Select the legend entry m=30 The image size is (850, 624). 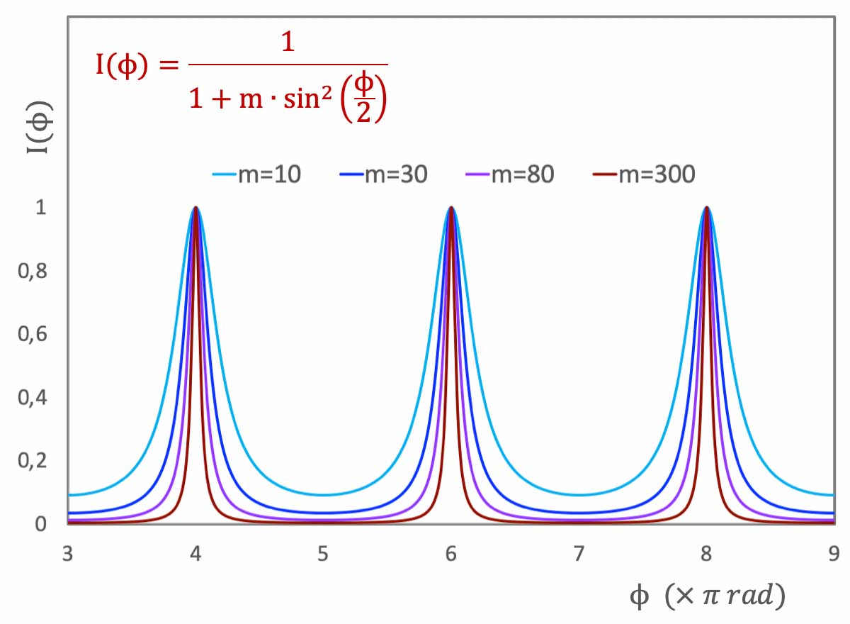(385, 174)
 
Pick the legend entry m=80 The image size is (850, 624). (511, 174)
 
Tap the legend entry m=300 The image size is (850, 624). (644, 174)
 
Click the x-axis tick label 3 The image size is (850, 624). (68, 554)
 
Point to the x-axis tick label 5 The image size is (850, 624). (323, 554)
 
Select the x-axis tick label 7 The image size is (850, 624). (579, 554)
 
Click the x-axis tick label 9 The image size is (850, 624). (833, 554)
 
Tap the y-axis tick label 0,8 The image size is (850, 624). (32, 271)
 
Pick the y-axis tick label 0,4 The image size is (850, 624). (32, 397)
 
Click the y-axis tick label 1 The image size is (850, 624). (40, 208)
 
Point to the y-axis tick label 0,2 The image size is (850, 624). (32, 460)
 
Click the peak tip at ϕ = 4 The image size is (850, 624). (195, 208)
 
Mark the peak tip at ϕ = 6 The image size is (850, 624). (451, 208)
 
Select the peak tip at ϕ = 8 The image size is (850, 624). (706, 208)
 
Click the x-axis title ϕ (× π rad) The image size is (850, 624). (707, 597)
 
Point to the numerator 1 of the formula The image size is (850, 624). (287, 44)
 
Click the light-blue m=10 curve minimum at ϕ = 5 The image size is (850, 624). (323, 495)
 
